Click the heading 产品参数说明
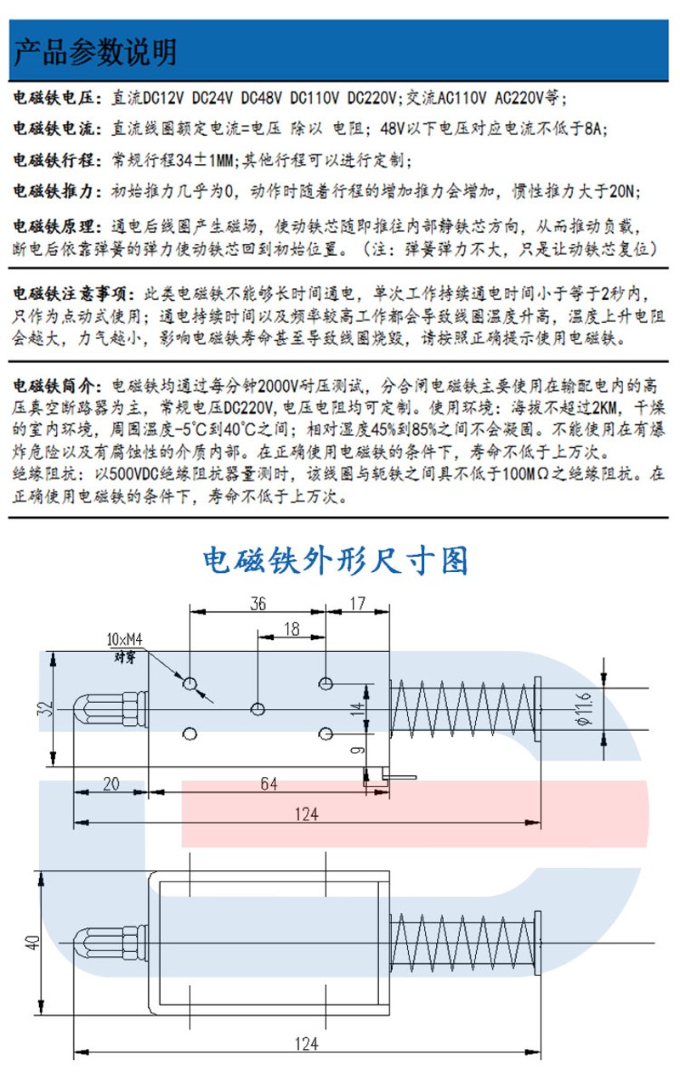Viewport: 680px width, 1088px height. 95,53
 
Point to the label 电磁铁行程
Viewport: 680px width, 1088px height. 56,160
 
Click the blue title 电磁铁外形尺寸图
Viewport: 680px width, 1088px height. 336,560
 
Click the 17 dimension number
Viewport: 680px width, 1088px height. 357,603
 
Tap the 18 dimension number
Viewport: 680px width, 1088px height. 291,629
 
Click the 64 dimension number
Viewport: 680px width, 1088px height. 268,784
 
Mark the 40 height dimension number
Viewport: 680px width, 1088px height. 32,942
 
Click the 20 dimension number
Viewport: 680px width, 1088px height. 110,784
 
